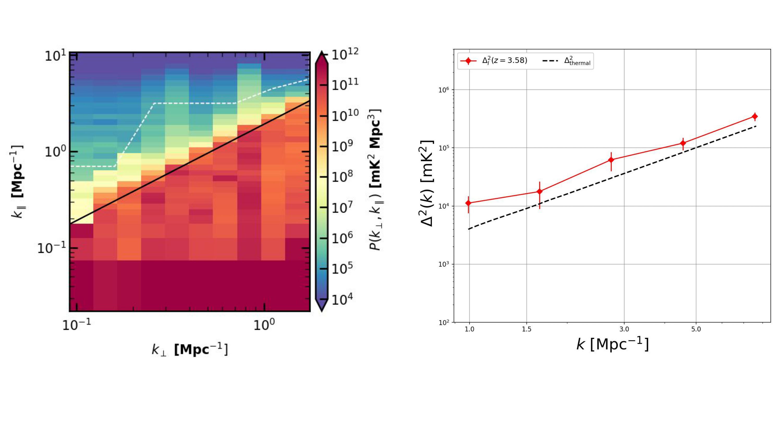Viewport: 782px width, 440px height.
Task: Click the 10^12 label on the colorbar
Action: coord(345,56)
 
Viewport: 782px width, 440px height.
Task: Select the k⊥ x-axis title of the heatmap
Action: coord(190,350)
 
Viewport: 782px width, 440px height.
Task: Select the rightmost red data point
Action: coord(755,116)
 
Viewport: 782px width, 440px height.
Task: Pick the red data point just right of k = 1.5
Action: coord(539,191)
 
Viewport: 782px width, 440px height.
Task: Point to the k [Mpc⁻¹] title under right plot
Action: coord(612,344)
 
